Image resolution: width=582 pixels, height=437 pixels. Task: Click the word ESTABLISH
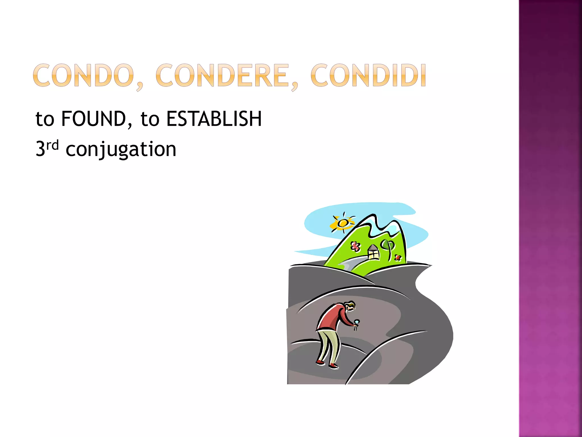[x=214, y=119]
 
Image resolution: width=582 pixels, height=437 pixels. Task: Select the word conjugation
[x=121, y=150]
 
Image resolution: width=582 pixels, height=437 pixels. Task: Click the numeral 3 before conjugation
[x=40, y=149]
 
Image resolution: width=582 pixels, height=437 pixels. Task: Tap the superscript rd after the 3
[x=53, y=145]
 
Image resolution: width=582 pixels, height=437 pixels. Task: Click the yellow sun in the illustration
[x=343, y=223]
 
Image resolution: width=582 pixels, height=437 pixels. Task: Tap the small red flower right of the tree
[x=398, y=258]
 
